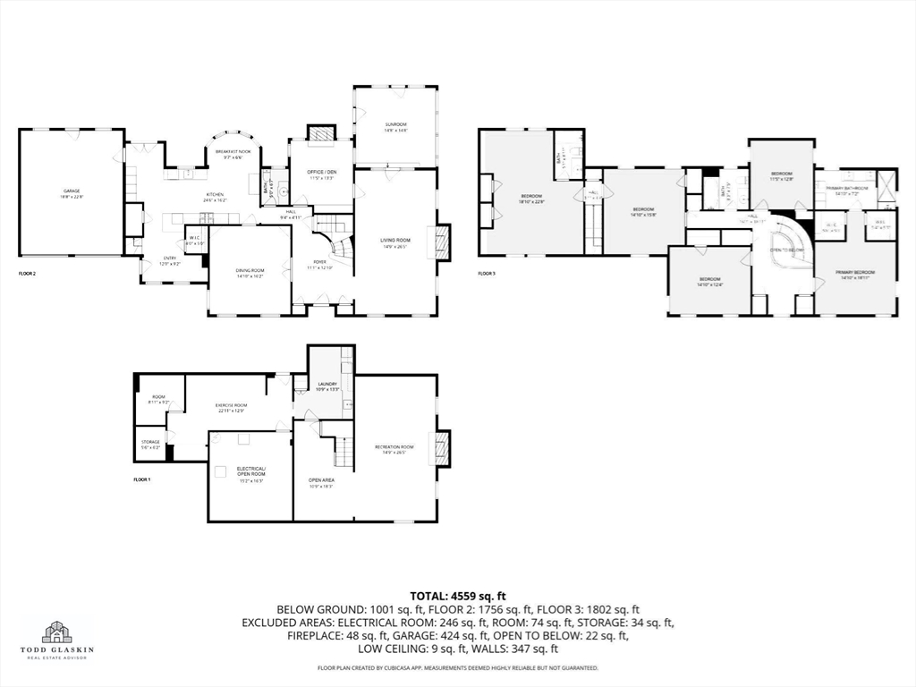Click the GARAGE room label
tap(72, 191)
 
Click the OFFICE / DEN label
tap(320, 172)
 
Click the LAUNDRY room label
tap(327, 385)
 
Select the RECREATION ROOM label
tap(394, 446)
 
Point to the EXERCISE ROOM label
tap(230, 405)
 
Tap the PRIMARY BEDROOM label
tap(855, 272)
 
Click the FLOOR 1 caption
tap(142, 480)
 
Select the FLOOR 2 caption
tap(28, 273)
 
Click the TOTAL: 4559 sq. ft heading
tap(458, 595)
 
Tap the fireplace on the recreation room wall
tap(441, 446)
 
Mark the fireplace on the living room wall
tap(443, 242)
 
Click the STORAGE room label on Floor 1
tap(149, 442)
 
